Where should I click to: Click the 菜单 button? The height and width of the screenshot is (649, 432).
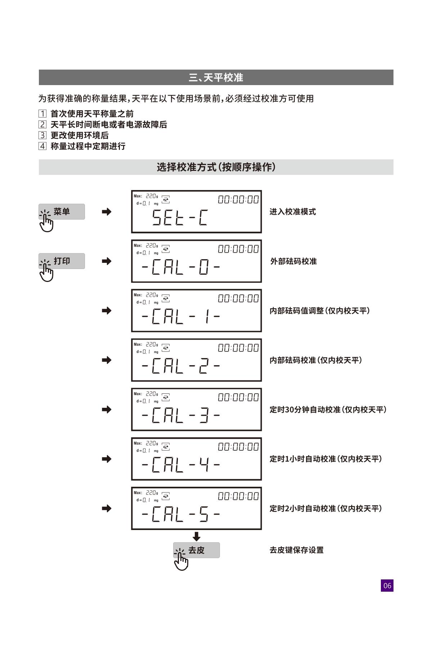[62, 212]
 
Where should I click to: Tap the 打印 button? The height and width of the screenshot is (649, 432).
[62, 261]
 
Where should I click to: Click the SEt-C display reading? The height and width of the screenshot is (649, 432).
[180, 218]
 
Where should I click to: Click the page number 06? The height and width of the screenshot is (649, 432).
[387, 586]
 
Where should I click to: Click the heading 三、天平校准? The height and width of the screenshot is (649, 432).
[216, 78]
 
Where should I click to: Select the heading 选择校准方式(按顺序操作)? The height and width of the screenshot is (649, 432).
[216, 167]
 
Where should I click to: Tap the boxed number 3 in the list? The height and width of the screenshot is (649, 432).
[42, 136]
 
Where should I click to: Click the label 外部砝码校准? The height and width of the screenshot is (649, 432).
[293, 261]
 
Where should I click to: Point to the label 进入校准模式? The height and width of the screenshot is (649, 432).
[293, 212]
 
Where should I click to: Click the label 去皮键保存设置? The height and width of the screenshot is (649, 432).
[297, 550]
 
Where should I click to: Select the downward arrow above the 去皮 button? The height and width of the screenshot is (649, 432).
[197, 537]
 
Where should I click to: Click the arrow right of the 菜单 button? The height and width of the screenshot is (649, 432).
[107, 212]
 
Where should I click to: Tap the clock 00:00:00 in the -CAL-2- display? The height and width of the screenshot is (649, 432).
[238, 348]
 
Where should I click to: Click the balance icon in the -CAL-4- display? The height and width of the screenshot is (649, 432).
[166, 447]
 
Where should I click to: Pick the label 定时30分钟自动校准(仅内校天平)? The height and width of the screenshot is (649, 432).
[328, 410]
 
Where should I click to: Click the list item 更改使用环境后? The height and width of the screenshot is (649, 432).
[80, 136]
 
